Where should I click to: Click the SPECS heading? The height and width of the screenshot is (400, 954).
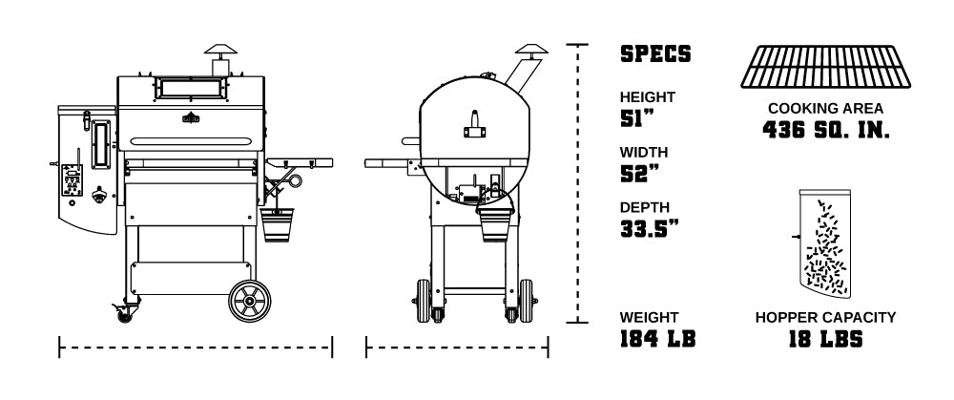655,53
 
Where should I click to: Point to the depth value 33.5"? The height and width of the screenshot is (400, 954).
649,229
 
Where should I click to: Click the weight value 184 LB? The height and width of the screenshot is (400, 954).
657,339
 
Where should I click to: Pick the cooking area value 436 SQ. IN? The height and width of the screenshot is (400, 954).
825,130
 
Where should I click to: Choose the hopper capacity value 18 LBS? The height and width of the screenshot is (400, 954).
825,339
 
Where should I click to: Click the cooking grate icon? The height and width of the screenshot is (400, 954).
825,67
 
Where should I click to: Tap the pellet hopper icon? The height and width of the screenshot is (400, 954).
824,243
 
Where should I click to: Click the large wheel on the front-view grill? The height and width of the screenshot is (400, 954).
249,302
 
